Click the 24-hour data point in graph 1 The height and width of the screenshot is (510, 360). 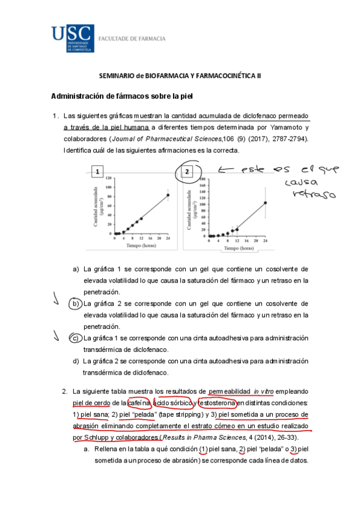[x=168, y=195]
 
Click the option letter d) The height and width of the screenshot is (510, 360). [x=76, y=361]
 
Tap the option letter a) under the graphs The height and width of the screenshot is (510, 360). [x=76, y=269]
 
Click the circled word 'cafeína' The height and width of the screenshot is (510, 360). [x=139, y=403]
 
